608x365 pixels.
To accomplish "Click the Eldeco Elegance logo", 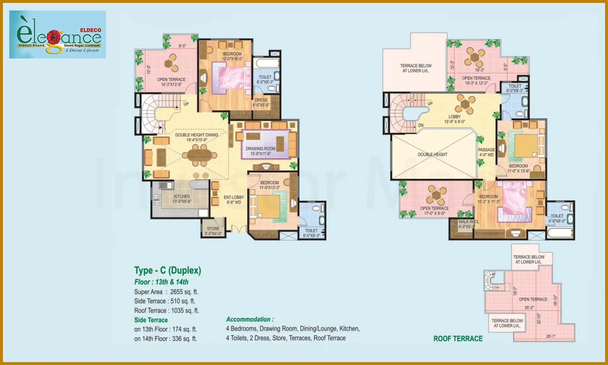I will [57, 34].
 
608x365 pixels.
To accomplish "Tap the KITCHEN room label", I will [182, 199].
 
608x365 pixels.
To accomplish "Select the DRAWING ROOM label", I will [261, 151].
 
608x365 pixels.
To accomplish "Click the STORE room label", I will [213, 231].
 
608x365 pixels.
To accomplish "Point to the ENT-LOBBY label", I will [234, 200].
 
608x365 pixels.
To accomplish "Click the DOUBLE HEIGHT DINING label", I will [197, 137].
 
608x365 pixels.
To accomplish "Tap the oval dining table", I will [200, 156].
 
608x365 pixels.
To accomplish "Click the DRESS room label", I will [261, 102].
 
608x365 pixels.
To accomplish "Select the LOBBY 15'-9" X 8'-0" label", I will [455, 119].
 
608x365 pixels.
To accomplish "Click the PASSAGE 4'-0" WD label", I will [486, 152].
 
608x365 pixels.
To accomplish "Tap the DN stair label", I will [421, 125].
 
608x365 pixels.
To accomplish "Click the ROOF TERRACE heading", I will [458, 339].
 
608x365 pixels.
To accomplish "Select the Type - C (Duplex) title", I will [168, 270].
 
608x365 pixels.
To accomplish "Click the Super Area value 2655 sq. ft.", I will [184, 292].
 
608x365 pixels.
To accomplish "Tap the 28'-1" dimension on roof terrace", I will [551, 336].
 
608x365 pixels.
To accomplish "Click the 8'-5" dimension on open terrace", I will [182, 46].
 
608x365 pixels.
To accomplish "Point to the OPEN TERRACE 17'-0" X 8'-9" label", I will [434, 211].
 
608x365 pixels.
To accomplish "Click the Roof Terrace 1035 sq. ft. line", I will [166, 311].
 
